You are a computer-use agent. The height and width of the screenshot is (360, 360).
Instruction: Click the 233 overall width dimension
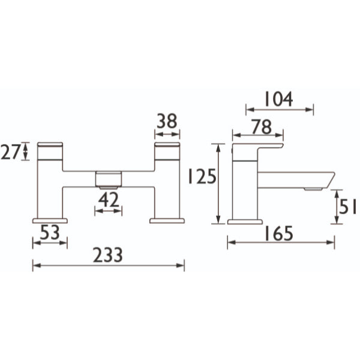pos(108,255)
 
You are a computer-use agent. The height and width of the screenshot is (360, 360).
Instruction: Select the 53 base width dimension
pos(50,232)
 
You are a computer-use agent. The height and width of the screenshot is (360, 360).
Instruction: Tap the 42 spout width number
pos(109,199)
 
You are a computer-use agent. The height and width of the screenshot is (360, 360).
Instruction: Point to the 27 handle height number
pos(11,152)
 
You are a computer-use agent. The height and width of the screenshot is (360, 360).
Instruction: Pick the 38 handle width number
pos(167,121)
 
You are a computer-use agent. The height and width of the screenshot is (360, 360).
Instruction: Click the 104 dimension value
pos(279,99)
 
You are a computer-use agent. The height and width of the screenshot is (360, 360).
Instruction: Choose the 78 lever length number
pos(262,127)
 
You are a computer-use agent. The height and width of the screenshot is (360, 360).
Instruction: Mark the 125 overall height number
pos(202,176)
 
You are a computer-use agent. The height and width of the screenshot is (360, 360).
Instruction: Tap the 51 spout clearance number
pos(347,206)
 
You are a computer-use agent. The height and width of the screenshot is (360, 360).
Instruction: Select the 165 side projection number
pos(279,233)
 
